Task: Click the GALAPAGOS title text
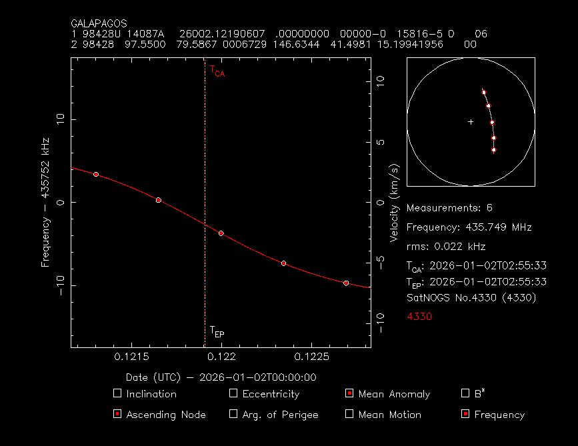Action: (x=99, y=23)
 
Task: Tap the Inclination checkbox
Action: (x=117, y=393)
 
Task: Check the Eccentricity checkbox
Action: (x=233, y=393)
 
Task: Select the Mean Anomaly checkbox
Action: (x=349, y=393)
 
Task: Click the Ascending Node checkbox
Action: (x=117, y=414)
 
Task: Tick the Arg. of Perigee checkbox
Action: (x=233, y=414)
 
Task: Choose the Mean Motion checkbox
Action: (x=349, y=414)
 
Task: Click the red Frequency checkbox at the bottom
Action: (x=465, y=414)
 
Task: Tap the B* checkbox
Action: (x=465, y=393)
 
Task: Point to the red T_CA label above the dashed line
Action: (x=217, y=71)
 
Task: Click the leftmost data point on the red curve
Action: (x=96, y=174)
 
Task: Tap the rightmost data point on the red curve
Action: (x=346, y=283)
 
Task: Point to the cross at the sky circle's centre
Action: (x=471, y=122)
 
